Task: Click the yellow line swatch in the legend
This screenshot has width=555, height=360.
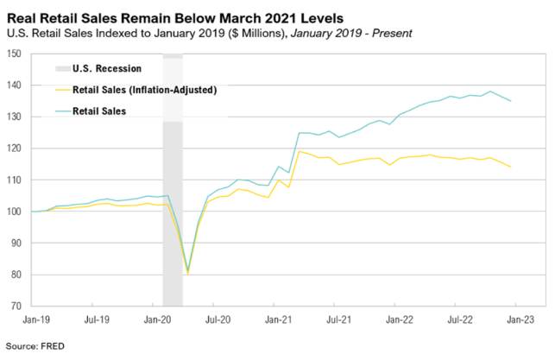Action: tap(63, 88)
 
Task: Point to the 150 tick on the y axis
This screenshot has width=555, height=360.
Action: tap(16, 54)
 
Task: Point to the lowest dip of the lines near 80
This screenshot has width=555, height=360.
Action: tap(188, 271)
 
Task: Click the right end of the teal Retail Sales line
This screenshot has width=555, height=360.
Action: tap(510, 101)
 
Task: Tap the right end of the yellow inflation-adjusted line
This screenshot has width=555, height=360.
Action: tap(510, 167)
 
